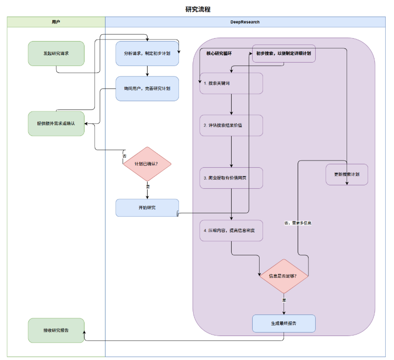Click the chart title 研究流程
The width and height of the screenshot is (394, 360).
click(198, 10)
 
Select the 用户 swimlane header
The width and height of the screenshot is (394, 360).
click(56, 22)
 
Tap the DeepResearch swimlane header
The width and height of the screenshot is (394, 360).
click(245, 22)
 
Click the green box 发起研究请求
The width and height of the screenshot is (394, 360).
click(56, 53)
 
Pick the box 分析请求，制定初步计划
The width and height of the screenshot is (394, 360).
click(147, 53)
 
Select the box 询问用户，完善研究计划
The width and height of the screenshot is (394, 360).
click(147, 89)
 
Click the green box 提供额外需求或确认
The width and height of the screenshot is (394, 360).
click(56, 123)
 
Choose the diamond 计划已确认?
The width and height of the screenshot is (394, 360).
click(147, 164)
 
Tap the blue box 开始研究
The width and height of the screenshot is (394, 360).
click(147, 208)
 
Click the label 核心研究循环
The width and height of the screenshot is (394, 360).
click(219, 53)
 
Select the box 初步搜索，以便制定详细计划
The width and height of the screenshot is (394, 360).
click(284, 53)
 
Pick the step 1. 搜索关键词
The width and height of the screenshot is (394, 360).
click(231, 83)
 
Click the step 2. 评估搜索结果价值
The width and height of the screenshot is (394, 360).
click(231, 125)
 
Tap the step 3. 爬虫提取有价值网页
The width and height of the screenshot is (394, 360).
click(231, 178)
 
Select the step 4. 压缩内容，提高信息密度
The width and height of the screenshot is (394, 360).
click(231, 230)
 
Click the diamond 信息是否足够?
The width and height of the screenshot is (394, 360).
click(284, 276)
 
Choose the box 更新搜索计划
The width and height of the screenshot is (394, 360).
click(347, 175)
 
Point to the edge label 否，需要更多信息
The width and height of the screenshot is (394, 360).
click(298, 223)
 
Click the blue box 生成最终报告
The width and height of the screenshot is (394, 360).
click(284, 323)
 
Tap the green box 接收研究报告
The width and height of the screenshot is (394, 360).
click(56, 330)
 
